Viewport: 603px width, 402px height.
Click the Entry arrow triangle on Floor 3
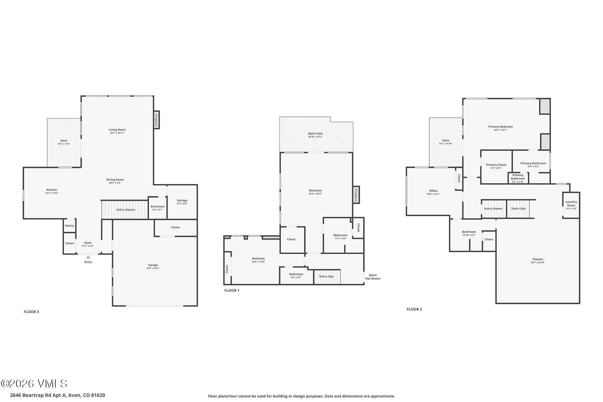coord(88,257)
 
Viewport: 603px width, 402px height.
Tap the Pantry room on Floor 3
coord(69,226)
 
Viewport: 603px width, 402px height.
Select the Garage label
coord(153,265)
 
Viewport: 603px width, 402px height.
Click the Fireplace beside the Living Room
coord(156,120)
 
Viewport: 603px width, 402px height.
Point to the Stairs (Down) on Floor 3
coord(125,210)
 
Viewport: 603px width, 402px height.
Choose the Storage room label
coord(182,201)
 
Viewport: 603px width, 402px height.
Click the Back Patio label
coord(315,134)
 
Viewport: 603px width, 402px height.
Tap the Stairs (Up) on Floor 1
coord(327,277)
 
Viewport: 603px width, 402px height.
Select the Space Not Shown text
coord(372,277)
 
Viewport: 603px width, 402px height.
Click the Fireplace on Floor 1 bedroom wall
coord(356,195)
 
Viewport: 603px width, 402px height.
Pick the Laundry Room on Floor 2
coord(571,205)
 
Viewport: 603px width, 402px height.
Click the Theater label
coord(538,259)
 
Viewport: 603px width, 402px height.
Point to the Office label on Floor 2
coord(433,191)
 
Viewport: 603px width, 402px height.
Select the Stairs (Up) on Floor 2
coord(518,209)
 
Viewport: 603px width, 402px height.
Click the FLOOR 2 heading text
coord(414,309)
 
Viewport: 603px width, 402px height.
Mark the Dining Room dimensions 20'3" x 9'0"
coord(115,183)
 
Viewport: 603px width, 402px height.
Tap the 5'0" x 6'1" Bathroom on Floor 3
coord(158,208)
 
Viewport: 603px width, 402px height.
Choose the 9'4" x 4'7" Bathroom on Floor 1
coord(296,276)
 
